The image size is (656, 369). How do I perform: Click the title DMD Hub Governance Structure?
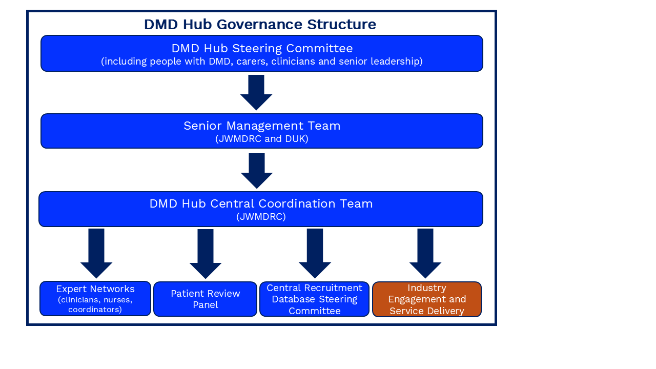[x=260, y=24]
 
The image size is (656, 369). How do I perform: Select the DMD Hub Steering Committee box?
[x=261, y=53]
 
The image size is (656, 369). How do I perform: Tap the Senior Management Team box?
[x=261, y=131]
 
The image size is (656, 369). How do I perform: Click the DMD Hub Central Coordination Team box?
[x=261, y=209]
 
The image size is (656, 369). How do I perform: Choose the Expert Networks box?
[x=95, y=299]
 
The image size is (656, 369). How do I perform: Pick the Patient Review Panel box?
[x=205, y=299]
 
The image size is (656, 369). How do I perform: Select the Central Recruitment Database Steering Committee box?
[x=314, y=299]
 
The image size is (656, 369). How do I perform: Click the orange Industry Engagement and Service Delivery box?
[x=427, y=299]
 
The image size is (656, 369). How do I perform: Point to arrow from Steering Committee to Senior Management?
[x=256, y=92]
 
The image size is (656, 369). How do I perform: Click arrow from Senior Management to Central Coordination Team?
[x=257, y=171]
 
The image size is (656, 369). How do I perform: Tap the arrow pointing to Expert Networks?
[x=96, y=253]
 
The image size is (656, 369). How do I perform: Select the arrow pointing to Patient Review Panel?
[x=206, y=254]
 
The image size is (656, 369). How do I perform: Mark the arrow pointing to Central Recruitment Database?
[x=315, y=253]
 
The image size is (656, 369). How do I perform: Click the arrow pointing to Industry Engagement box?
[x=425, y=253]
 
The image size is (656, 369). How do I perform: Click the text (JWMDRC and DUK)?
[x=262, y=139]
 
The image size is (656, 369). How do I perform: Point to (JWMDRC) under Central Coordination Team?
[x=261, y=217]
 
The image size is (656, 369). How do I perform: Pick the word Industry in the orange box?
[x=427, y=288]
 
